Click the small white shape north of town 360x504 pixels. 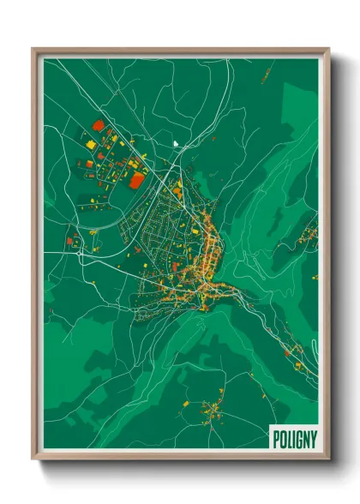coord(175,143)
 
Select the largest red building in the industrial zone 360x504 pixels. coord(136,179)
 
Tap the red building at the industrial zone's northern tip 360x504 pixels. coord(98,125)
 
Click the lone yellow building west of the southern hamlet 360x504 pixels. coord(186,402)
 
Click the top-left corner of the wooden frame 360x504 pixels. coord(33,49)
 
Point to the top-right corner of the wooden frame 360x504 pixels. coord(328,49)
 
